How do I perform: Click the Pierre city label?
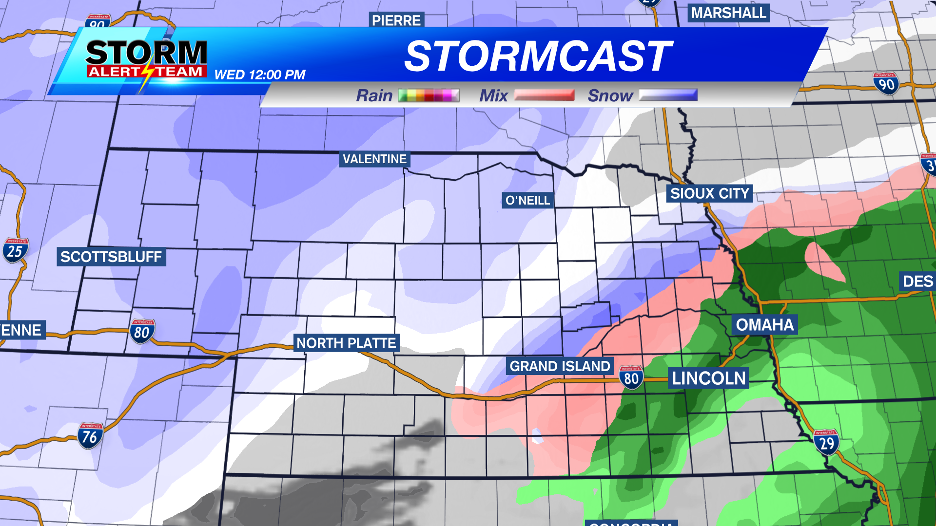[396, 20]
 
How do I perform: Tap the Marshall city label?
[728, 13]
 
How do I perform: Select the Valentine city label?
[374, 159]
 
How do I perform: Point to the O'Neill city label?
[527, 200]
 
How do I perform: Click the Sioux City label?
[709, 193]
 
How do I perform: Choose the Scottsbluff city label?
[111, 257]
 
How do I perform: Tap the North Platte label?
[346, 343]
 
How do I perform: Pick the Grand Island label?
[560, 366]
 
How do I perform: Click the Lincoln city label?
[708, 378]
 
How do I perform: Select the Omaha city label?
[764, 324]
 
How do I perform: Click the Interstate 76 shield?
[90, 435]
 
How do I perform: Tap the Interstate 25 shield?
[15, 250]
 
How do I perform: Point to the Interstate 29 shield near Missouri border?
[826, 442]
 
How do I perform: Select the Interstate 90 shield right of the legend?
[886, 83]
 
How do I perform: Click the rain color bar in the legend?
[429, 95]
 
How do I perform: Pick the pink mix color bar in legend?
[544, 95]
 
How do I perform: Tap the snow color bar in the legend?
[668, 95]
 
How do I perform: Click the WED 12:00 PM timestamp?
[260, 75]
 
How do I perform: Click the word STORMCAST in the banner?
[538, 56]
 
